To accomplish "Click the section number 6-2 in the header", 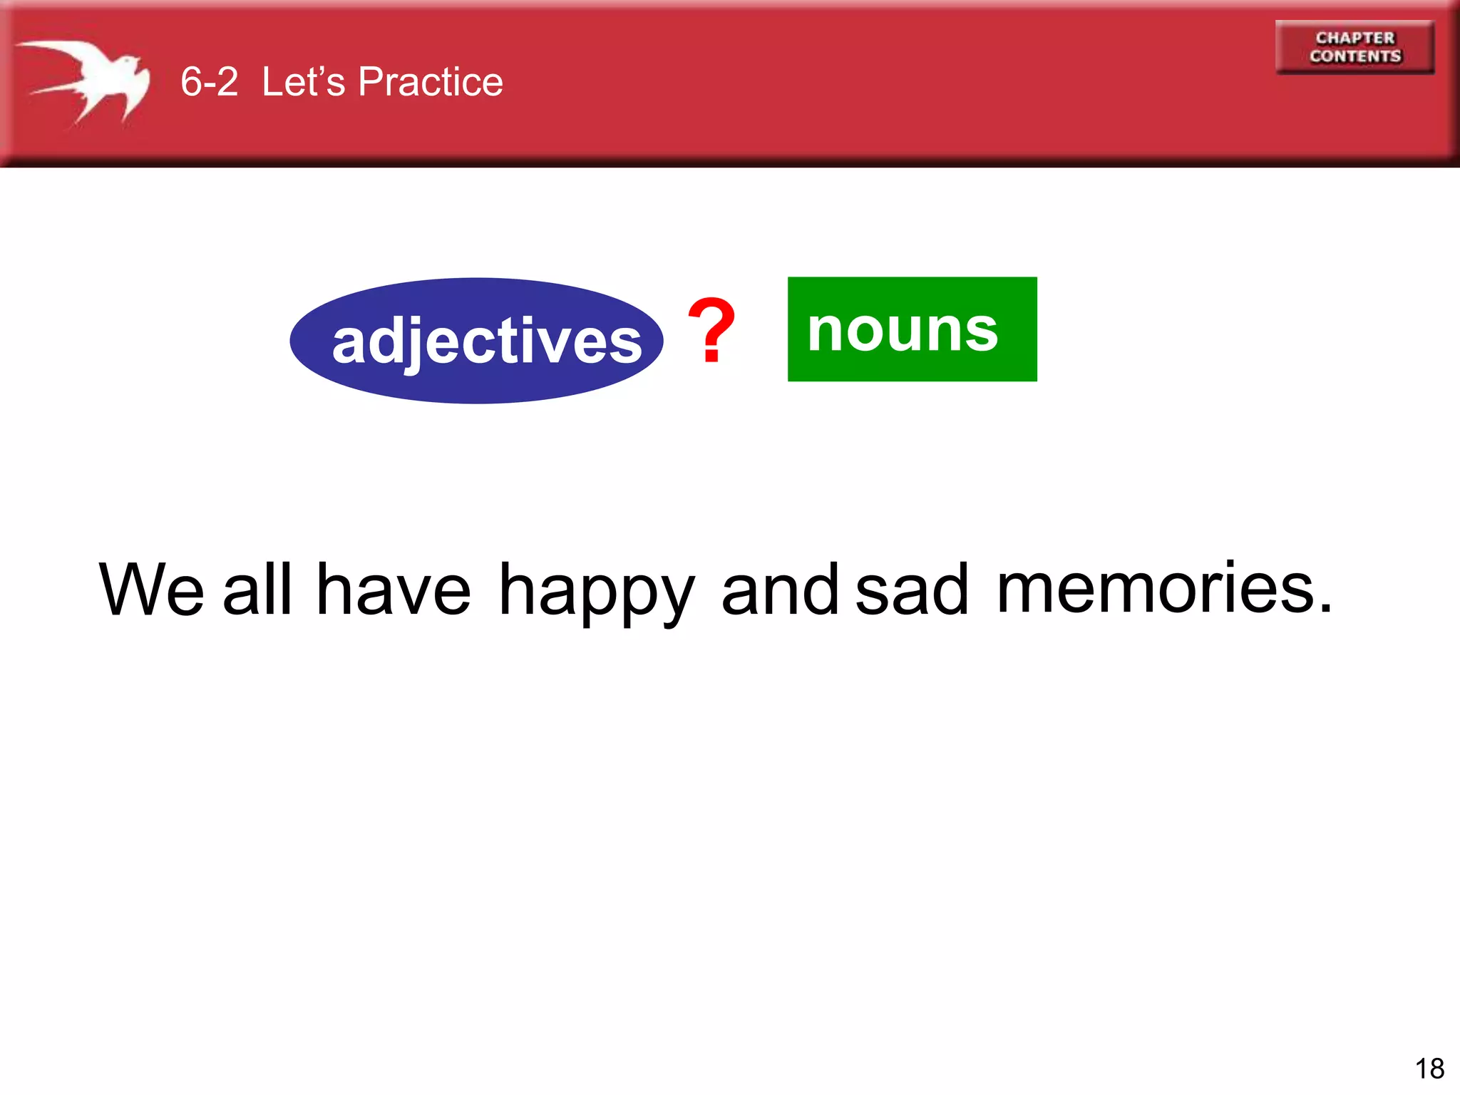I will pos(209,81).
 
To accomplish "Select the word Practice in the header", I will pos(431,81).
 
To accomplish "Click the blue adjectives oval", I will pos(476,341).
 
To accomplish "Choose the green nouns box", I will pos(912,329).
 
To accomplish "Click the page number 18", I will pos(1429,1069).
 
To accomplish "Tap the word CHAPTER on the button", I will pos(1354,38).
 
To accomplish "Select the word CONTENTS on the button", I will pos(1354,56).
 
